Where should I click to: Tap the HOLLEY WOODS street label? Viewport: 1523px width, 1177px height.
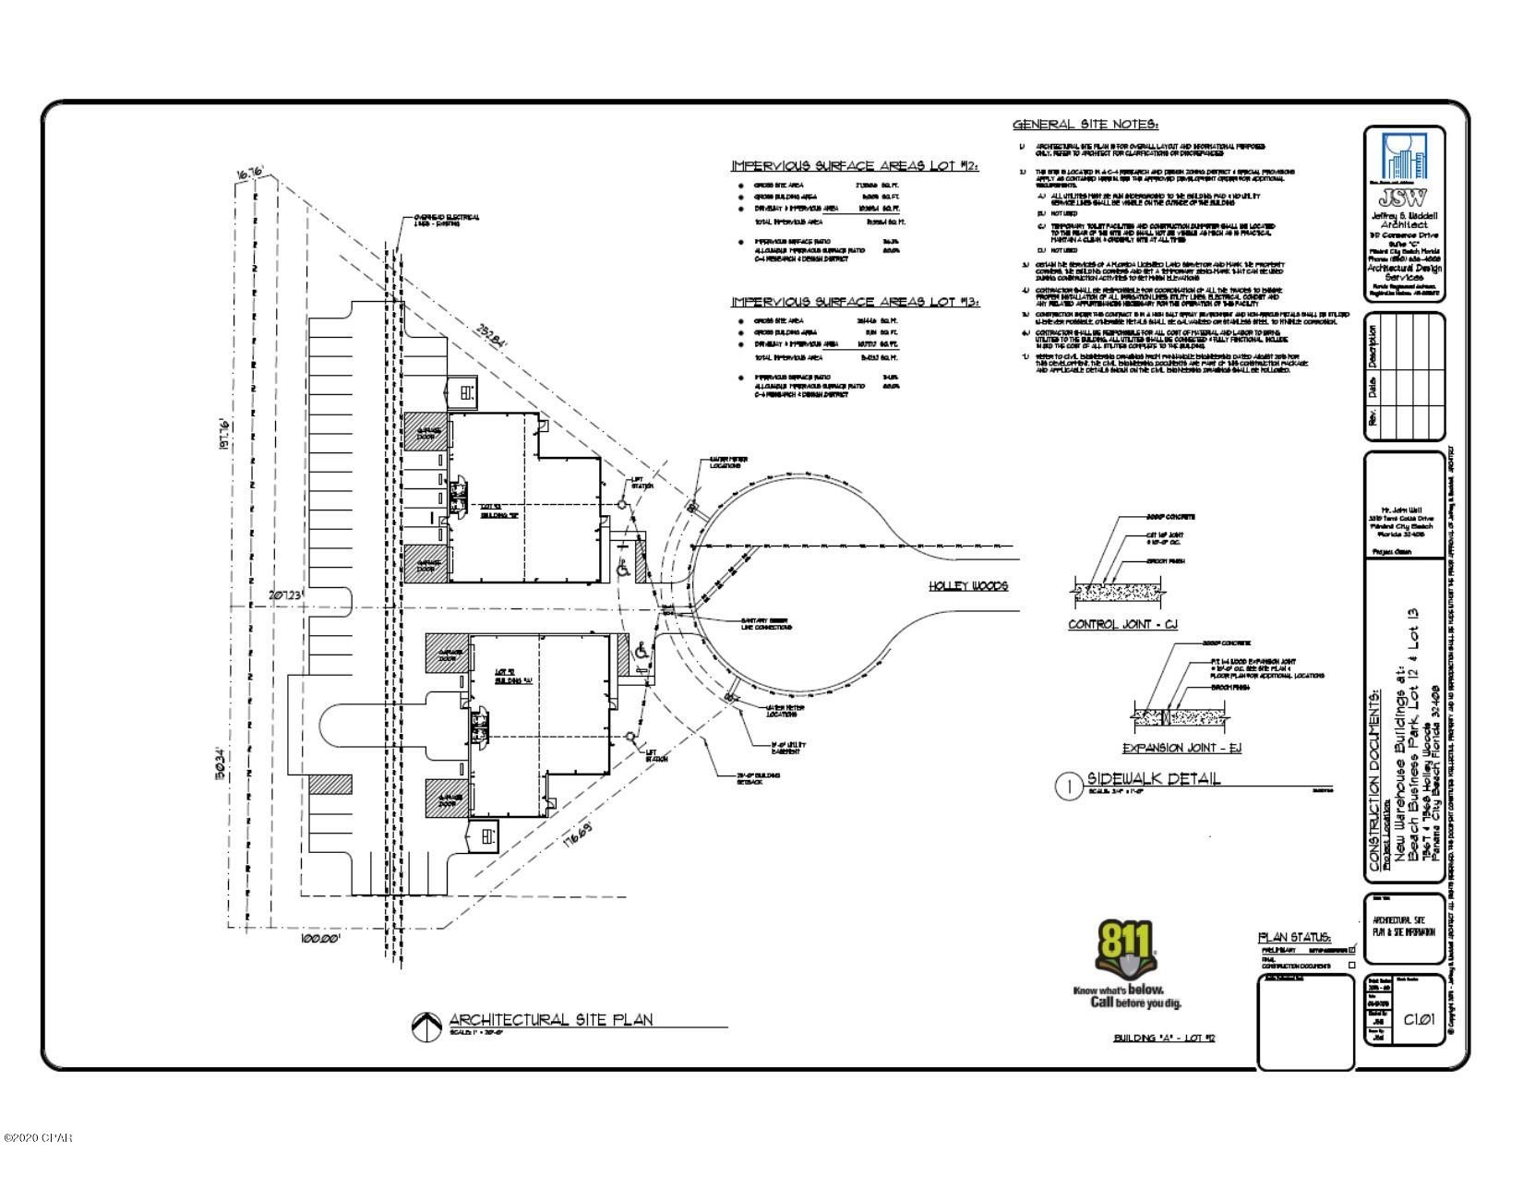[967, 586]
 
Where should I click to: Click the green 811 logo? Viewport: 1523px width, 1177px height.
[1125, 950]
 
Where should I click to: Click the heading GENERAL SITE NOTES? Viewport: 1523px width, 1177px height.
[1085, 125]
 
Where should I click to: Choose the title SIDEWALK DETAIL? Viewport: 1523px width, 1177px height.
[1153, 778]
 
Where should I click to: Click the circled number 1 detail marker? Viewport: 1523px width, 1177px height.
[1068, 787]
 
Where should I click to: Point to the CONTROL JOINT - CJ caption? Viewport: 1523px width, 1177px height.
[1122, 625]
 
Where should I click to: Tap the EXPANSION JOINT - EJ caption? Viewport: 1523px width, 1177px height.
[1181, 748]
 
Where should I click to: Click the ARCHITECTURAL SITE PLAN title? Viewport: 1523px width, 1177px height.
[550, 1019]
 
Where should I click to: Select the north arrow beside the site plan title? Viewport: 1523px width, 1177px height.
[425, 1024]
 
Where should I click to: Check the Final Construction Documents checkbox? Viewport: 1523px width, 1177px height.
[1352, 966]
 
